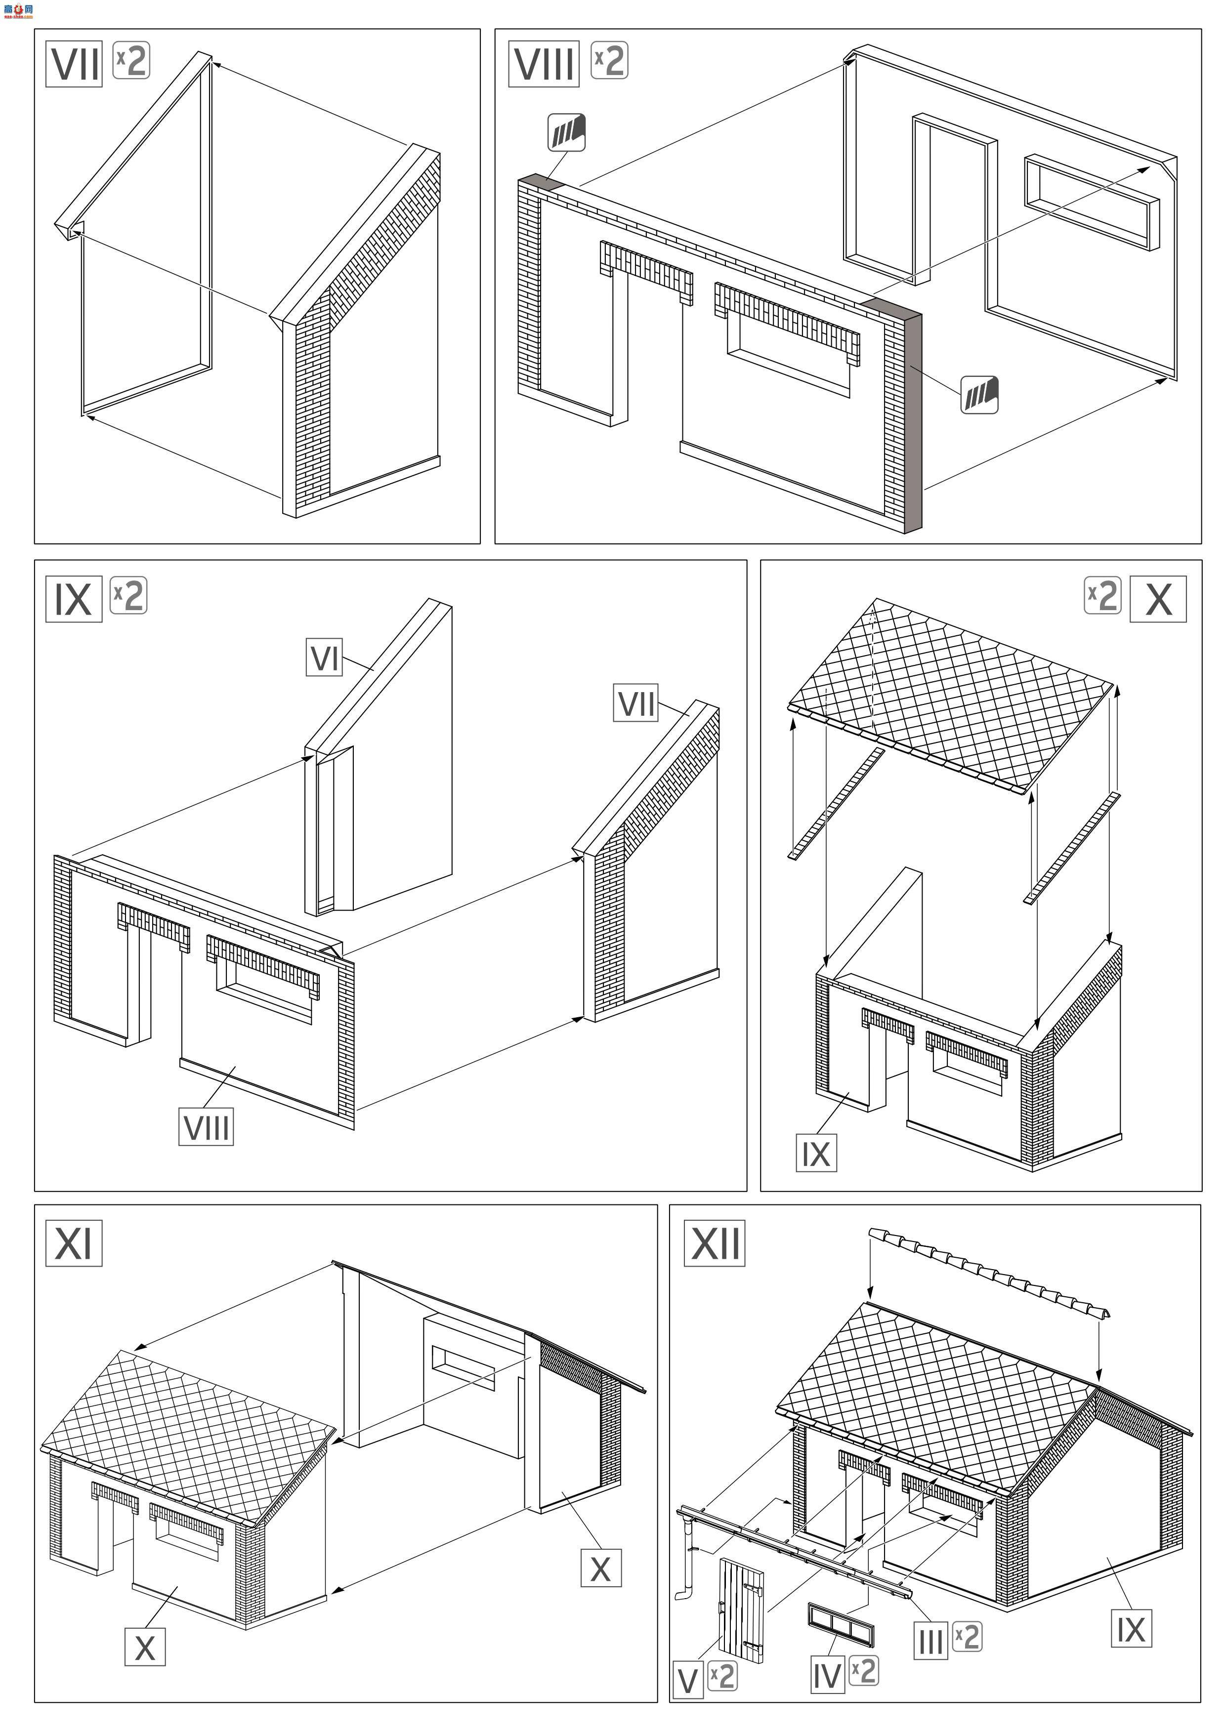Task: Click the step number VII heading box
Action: (74, 64)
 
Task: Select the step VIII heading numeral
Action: (544, 64)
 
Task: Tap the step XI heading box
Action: (74, 1242)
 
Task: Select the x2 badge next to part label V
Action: (722, 1676)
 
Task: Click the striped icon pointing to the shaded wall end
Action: (979, 395)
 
